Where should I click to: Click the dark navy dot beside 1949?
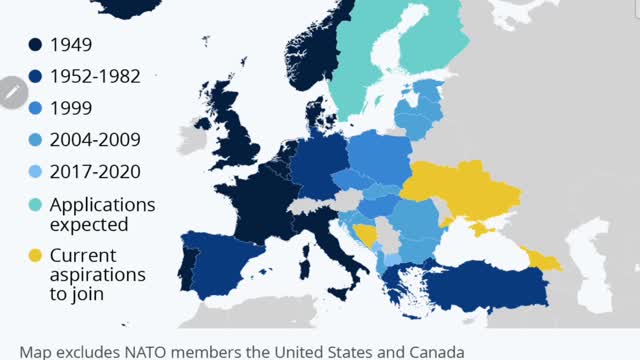35,45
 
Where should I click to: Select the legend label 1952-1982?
95,76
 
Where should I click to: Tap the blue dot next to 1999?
35,107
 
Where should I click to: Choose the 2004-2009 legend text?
96,139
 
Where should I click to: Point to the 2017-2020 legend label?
96,171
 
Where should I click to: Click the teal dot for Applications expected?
35,204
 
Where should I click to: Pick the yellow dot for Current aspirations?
35,255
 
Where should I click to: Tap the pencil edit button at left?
13,93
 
